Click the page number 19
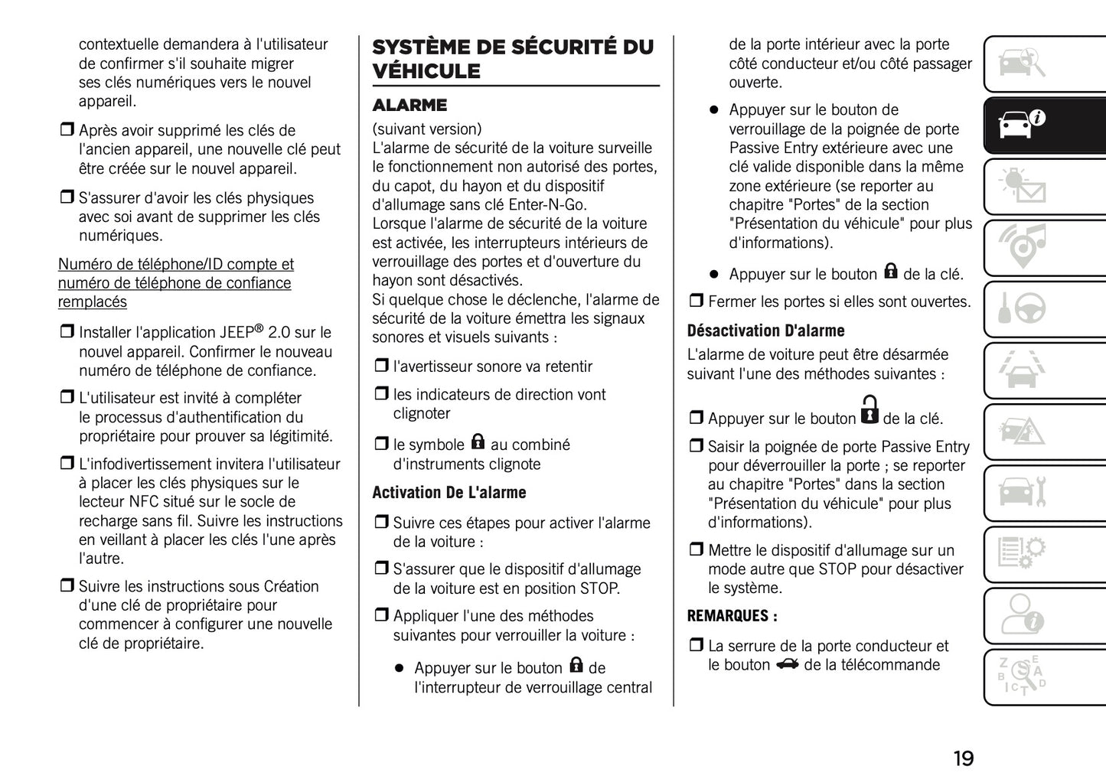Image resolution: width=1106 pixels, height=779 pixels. pyautogui.click(x=963, y=758)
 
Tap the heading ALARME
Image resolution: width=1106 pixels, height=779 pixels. pyautogui.click(x=409, y=105)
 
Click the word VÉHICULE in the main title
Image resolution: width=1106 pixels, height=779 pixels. pyautogui.click(x=426, y=71)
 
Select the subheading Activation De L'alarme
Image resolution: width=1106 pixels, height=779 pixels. pyautogui.click(x=449, y=493)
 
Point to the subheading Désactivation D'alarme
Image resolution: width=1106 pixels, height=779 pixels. pyautogui.click(x=765, y=331)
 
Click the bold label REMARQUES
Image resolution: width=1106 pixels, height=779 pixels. pyautogui.click(x=732, y=616)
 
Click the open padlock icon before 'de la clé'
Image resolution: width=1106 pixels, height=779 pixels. pyautogui.click(x=869, y=410)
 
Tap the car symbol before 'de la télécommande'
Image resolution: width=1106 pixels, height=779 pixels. pyautogui.click(x=787, y=664)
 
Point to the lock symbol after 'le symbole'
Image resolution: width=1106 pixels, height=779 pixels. pyautogui.click(x=478, y=442)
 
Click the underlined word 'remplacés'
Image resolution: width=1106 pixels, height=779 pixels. pyautogui.click(x=93, y=301)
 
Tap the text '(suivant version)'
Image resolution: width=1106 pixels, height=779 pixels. pyautogui.click(x=427, y=129)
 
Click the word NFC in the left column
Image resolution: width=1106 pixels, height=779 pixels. pyautogui.click(x=144, y=502)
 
